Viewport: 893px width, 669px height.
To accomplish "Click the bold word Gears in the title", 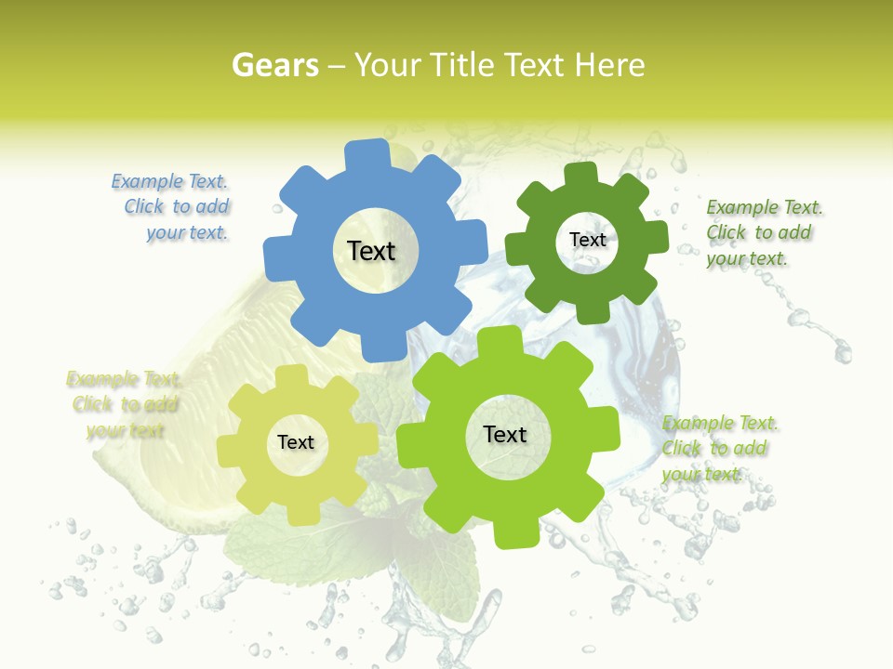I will coord(274,65).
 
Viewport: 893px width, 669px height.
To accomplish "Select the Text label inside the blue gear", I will coord(371,251).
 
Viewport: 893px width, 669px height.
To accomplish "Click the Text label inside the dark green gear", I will coord(587,240).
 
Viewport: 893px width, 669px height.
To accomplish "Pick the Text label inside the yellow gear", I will coord(296,443).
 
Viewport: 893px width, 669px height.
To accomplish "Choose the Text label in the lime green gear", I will coord(505,435).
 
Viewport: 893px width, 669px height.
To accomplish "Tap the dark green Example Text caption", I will coord(763,232).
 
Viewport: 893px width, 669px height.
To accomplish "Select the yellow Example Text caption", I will coord(124,404).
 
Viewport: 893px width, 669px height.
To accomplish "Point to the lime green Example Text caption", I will coord(719,448).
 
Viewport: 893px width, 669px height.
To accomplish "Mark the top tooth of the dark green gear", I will coord(581,173).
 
